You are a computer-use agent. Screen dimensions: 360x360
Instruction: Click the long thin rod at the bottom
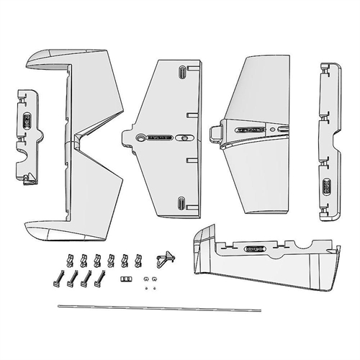(x=180, y=307)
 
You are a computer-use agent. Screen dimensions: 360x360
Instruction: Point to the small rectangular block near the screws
(x=125, y=277)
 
